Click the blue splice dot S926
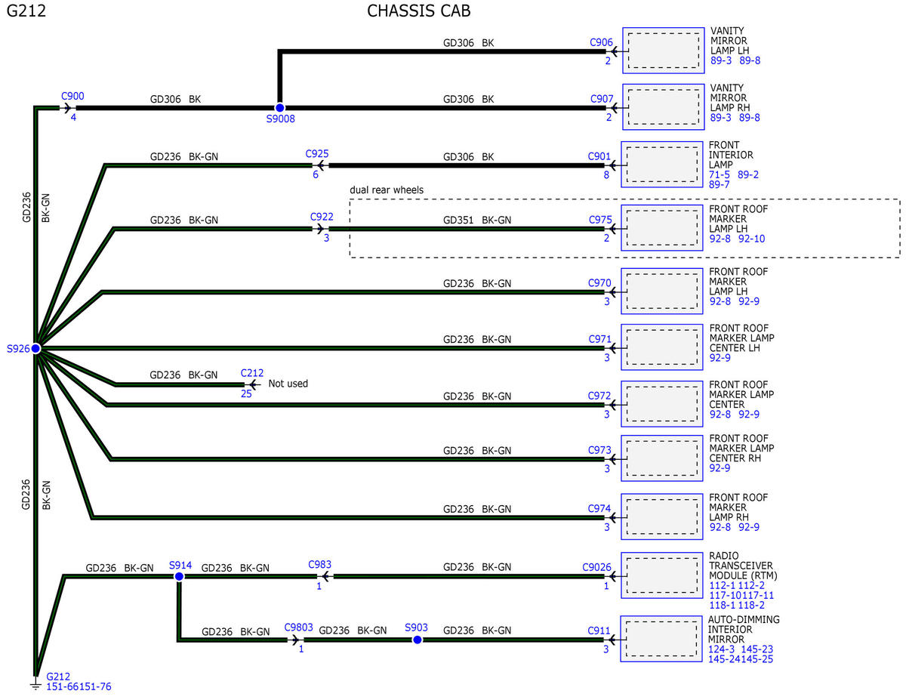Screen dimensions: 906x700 pos(35,348)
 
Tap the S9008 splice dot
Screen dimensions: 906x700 pos(280,107)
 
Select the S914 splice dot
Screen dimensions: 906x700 pos(179,576)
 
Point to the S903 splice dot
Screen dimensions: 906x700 pos(417,640)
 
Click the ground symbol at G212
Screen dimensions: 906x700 pos(35,686)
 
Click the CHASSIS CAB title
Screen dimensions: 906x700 pos(418,11)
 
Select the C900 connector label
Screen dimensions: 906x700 pos(72,97)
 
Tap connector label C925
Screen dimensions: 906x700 pos(317,154)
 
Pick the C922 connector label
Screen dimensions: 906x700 pos(322,217)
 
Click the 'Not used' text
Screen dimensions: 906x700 pos(288,384)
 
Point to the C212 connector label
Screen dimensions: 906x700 pos(252,373)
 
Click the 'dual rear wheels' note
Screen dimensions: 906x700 pos(387,190)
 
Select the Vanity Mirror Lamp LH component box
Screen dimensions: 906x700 pos(664,51)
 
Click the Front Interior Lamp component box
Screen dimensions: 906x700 pos(661,165)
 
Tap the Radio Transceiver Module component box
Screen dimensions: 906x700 pos(661,575)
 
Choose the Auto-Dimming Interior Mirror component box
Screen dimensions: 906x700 pos(661,639)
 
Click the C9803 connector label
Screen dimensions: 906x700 pos(298,628)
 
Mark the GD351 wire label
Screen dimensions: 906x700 pos(458,220)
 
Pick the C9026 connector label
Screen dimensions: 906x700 pos(596,567)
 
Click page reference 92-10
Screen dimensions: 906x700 pos(751,239)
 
